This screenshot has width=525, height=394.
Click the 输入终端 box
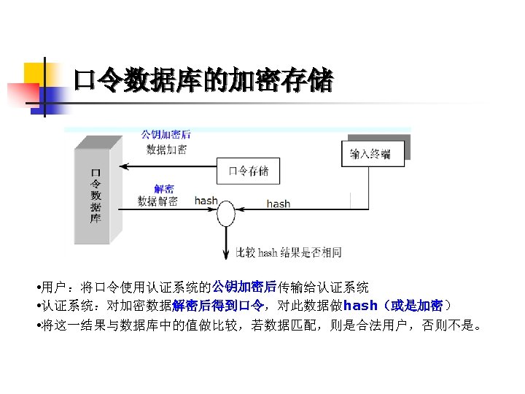click(x=370, y=154)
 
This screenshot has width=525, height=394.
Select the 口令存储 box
click(x=249, y=171)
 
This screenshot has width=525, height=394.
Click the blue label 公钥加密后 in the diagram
click(x=166, y=134)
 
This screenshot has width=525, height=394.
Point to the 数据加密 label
click(x=166, y=150)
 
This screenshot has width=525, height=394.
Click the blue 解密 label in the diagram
click(x=164, y=188)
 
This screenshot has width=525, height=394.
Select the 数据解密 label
click(x=157, y=201)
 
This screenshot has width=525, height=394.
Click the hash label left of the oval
click(x=206, y=201)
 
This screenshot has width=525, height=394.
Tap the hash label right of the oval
click(x=278, y=204)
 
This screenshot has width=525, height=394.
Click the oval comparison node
click(x=226, y=214)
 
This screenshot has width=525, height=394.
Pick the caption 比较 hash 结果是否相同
click(x=289, y=252)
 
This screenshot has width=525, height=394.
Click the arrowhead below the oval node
click(x=226, y=255)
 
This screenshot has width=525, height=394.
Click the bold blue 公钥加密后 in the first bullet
click(x=244, y=287)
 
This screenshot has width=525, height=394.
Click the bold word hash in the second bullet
click(x=360, y=306)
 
